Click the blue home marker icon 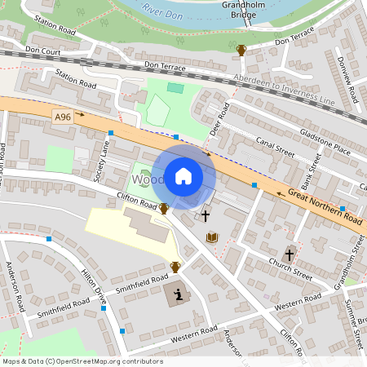(183, 176)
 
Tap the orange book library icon (213, 237)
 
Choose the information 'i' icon (177, 294)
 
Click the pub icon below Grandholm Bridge (241, 51)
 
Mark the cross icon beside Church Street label (290, 254)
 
